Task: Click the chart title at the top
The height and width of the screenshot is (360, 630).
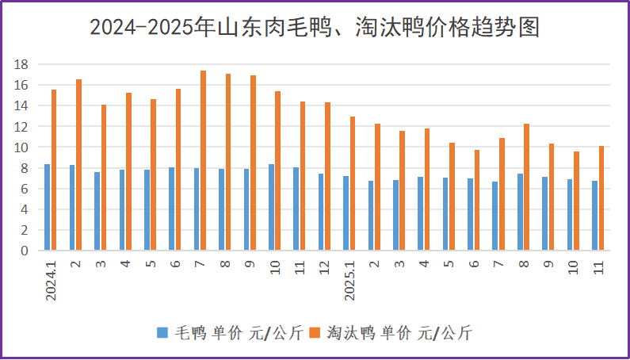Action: (x=315, y=28)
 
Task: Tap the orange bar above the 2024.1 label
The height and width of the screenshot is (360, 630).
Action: (x=54, y=170)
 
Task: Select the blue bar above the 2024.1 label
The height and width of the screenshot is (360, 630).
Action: (x=47, y=207)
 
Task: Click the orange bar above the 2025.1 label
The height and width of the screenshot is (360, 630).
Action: (x=353, y=183)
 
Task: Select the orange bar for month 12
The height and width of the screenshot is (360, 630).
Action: (x=327, y=176)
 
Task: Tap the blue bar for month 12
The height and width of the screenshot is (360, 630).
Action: (x=321, y=212)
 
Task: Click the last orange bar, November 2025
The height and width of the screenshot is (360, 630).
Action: (x=601, y=198)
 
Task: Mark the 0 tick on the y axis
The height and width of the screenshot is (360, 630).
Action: (x=25, y=251)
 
